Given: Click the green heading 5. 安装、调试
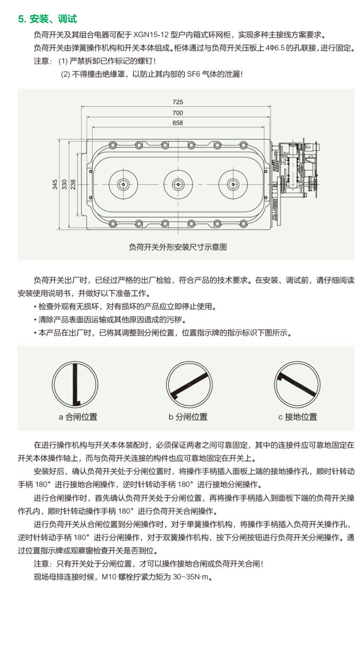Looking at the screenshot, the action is (48, 19).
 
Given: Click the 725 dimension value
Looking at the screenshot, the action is (178, 102).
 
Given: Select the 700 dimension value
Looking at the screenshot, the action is (178, 113).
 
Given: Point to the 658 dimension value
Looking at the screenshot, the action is (178, 123).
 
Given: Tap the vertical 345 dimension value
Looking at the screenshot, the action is (55, 184).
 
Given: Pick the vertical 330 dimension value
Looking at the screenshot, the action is (64, 184).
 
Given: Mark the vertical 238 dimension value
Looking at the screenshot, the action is (73, 184).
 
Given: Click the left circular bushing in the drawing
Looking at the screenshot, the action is (123, 184).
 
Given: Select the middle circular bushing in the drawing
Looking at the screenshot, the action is (178, 184).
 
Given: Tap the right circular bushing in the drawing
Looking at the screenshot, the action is (233, 184).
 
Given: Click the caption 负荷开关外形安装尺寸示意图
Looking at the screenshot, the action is (178, 247).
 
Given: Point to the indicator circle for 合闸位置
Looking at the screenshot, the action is (75, 385).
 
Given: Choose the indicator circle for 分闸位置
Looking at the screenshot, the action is (189, 385).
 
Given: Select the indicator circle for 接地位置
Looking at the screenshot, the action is (297, 385).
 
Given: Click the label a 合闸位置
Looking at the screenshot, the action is (78, 417).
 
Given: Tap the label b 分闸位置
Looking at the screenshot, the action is (188, 417).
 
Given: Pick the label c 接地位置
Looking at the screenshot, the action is (298, 417).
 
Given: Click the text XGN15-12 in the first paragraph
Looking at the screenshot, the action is (151, 35).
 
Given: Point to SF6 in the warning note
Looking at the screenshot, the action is (193, 74).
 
